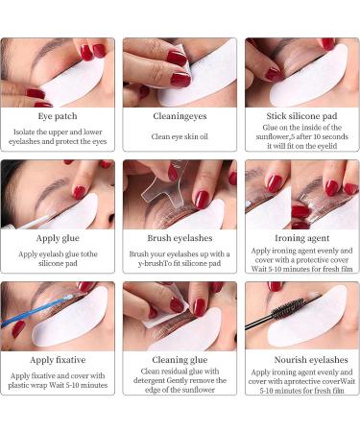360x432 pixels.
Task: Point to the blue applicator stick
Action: [x=35, y=317]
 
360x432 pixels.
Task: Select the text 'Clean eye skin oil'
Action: [x=180, y=136]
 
